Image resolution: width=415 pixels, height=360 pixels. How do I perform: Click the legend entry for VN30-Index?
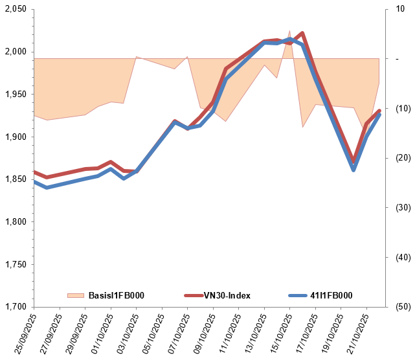[x=227, y=295]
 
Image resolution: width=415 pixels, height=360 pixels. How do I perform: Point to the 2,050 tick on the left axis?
[x=15, y=9]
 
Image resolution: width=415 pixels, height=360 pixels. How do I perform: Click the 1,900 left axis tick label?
[x=15, y=137]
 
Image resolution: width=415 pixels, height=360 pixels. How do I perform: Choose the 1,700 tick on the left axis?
[x=15, y=307]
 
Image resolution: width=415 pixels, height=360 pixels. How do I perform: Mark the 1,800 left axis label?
[x=15, y=222]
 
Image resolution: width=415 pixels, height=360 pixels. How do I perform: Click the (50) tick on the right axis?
[x=399, y=307]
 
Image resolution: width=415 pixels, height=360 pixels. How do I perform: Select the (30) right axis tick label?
[x=399, y=208]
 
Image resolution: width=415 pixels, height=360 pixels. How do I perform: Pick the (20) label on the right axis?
[x=399, y=158]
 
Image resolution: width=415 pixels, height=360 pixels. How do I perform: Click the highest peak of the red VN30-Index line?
[x=302, y=32]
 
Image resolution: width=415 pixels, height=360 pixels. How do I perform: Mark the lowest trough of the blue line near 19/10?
[x=353, y=170]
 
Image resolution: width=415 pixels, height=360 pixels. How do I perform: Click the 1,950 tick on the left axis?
[x=15, y=95]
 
